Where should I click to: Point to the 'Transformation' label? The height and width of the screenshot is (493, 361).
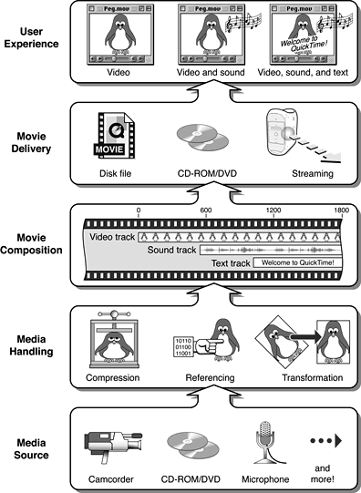(x=300, y=377)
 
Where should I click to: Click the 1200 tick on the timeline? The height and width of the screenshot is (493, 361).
(x=273, y=210)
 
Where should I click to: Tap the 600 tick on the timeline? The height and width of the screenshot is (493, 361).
(x=205, y=210)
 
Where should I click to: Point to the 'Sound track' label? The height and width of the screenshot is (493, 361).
(x=173, y=249)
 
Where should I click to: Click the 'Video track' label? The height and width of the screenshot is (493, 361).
(x=112, y=237)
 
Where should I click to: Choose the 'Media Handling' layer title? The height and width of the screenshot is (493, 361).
(x=32, y=344)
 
